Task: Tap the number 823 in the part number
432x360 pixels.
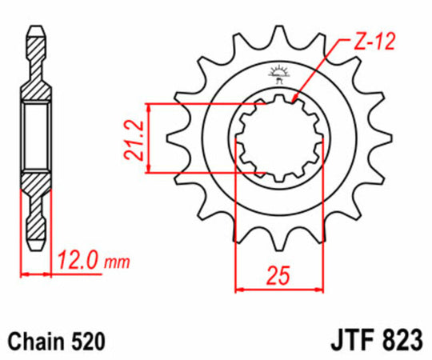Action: (x=400, y=340)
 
